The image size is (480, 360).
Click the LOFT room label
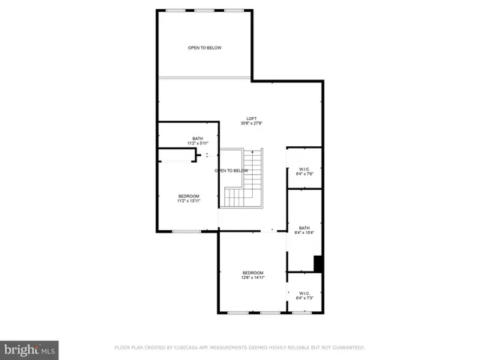(x=252, y=118)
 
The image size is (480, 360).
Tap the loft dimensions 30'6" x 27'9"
(x=252, y=124)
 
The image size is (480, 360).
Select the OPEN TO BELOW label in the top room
(x=205, y=48)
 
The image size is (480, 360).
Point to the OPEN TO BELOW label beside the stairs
(x=232, y=171)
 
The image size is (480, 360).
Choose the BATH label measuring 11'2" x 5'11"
(x=197, y=138)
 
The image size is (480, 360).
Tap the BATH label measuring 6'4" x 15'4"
(x=304, y=227)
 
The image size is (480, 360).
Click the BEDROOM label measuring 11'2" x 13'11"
(x=188, y=196)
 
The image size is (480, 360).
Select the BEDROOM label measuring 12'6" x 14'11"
(x=253, y=272)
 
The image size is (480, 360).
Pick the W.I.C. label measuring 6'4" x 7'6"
(x=304, y=169)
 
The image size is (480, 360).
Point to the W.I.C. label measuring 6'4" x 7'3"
(x=304, y=293)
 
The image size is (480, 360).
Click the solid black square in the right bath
(x=318, y=264)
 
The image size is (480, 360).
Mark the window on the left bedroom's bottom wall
(x=186, y=231)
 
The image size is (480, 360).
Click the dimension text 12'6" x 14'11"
(x=253, y=277)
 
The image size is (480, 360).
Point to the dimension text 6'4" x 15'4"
(x=304, y=232)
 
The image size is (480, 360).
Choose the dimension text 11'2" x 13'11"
(x=188, y=201)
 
